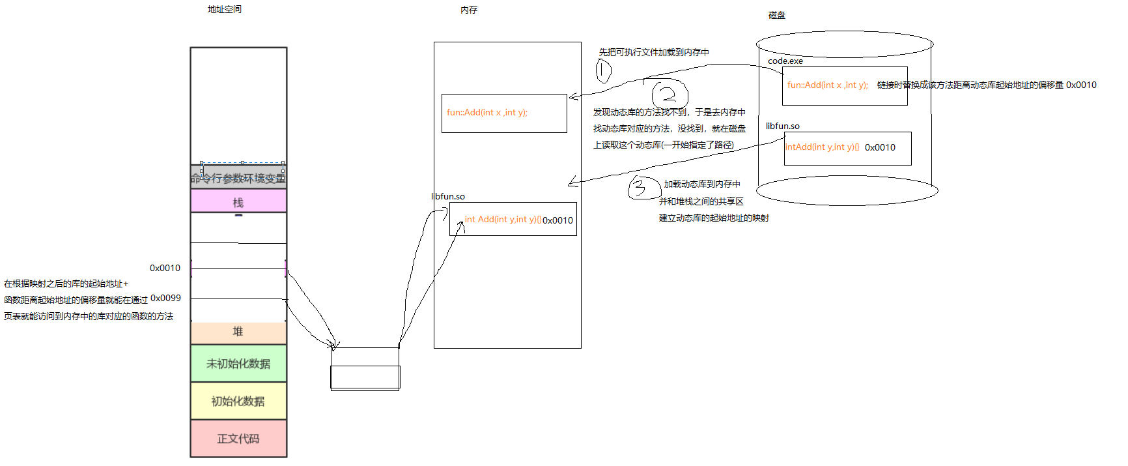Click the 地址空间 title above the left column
coord(224,9)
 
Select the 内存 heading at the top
coord(469,10)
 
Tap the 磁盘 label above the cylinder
coord(776,15)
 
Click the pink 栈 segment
coord(238,202)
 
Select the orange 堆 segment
coord(238,332)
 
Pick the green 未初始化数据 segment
coord(238,364)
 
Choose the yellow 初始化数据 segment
coord(238,401)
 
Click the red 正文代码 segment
coord(238,439)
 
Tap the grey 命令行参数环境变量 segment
coord(238,178)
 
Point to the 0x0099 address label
coord(165,298)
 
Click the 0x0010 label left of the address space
coord(165,268)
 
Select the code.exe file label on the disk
coord(785,61)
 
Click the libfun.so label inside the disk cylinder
coord(782,126)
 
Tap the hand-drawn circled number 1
coord(604,70)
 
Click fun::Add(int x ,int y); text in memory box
coord(487,112)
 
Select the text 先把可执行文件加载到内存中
coord(654,52)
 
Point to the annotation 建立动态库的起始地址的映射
coord(714,218)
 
